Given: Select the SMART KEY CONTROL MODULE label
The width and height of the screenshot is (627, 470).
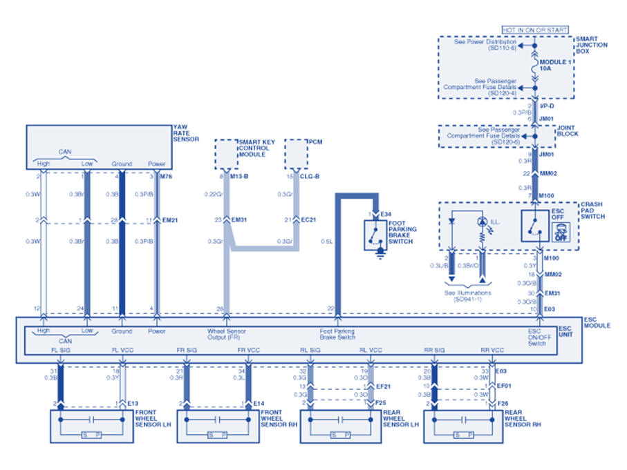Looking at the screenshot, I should tap(256, 148).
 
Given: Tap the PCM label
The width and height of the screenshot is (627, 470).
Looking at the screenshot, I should tap(317, 142).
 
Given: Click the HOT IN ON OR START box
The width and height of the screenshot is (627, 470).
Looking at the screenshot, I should tap(534, 30).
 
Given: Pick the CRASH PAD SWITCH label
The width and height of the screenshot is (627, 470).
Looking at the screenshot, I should tap(593, 211).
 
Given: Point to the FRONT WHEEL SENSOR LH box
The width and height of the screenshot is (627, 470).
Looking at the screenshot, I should tap(90, 426).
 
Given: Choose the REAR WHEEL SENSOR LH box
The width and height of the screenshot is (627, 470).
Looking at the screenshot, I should tap(338, 426).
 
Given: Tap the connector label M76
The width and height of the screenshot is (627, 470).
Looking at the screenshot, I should tap(166, 177).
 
